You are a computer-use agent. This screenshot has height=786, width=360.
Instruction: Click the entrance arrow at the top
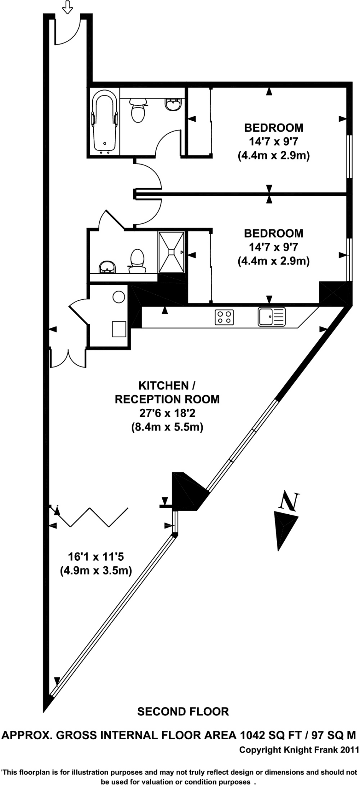68,7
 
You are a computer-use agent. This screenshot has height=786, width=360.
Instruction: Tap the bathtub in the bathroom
104,122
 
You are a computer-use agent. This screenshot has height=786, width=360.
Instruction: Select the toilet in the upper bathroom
138,111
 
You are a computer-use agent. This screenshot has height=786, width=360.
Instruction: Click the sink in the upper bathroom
173,104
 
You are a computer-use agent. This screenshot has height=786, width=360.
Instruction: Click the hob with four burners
224,317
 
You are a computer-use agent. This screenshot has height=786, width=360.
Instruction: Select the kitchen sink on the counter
271,317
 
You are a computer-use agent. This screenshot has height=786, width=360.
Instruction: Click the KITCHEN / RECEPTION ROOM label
167,392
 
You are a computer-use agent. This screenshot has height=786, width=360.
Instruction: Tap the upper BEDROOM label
274,127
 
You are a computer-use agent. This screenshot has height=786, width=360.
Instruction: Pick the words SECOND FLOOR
183,712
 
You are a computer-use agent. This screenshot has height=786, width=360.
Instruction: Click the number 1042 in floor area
253,735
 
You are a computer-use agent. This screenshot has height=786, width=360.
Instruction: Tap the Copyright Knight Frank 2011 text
299,750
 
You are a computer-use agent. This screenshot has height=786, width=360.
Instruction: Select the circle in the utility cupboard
119,297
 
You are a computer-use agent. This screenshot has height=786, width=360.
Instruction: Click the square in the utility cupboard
119,329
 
